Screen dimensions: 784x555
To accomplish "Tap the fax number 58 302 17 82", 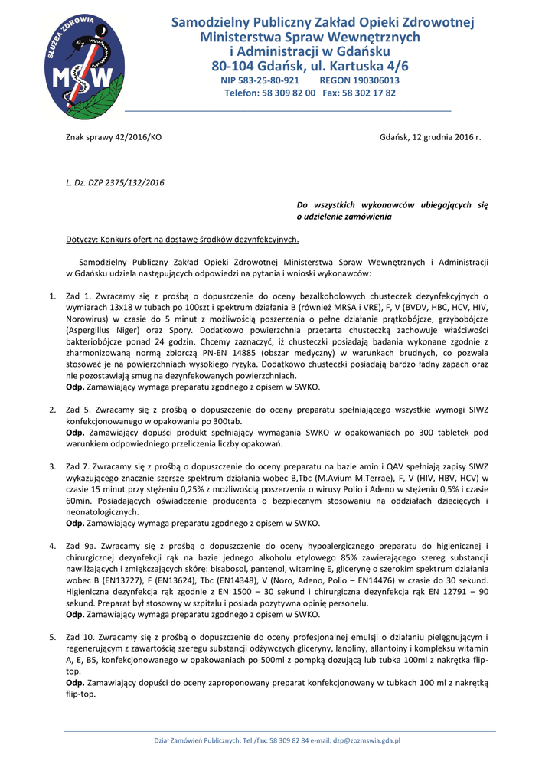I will tap(371, 93).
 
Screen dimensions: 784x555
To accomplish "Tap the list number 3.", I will tap(52, 465).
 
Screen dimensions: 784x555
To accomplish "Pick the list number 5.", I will tap(52, 637).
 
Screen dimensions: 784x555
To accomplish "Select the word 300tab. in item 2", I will tap(225, 421).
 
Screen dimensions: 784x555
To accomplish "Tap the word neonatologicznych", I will tap(103, 511).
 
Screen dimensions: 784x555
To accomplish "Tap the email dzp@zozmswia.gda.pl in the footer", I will tap(364, 740).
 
